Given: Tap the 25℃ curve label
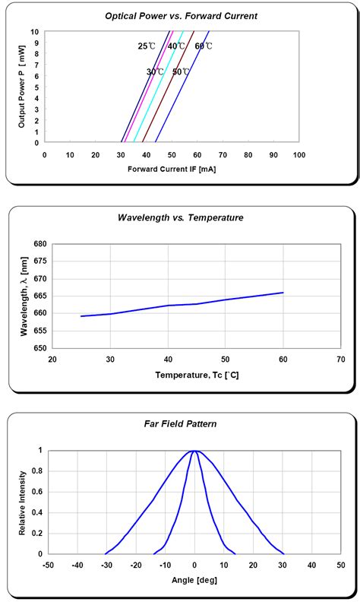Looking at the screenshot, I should [x=147, y=46].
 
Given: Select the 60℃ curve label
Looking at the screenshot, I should [x=204, y=46].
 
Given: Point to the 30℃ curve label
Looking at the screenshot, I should [x=155, y=72].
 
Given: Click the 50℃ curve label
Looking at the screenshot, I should [x=181, y=72].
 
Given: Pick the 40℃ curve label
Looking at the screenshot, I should [x=176, y=46].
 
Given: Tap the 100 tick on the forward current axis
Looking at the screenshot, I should [x=299, y=154].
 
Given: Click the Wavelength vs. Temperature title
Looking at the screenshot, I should [x=180, y=217].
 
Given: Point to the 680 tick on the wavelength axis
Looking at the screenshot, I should [x=39, y=244].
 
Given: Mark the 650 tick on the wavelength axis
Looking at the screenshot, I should [x=39, y=348].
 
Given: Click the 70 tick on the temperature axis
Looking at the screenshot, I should [x=341, y=360].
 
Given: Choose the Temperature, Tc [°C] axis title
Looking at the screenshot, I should [x=197, y=375].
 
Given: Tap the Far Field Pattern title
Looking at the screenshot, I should [x=180, y=423].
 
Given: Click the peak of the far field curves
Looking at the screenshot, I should [x=194, y=451].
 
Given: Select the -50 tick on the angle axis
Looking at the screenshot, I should [x=48, y=566].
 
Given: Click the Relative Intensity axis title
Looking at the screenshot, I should [x=23, y=502].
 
